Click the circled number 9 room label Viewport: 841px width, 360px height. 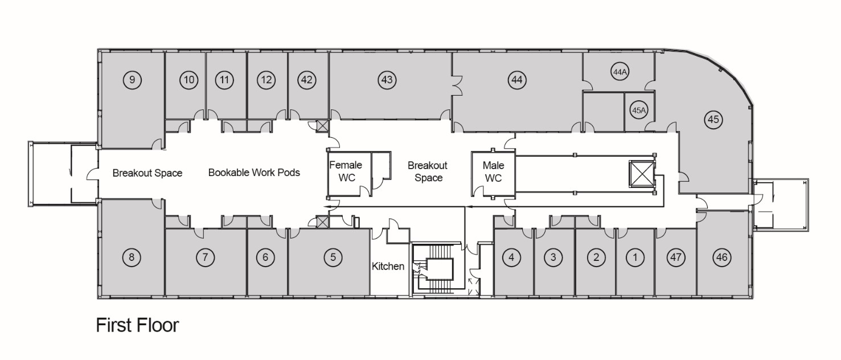point(132,80)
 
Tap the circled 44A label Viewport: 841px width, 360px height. point(620,71)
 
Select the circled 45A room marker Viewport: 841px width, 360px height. point(639,110)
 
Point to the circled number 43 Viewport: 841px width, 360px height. point(387,80)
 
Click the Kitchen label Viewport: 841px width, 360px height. point(388,266)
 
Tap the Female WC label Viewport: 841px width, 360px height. point(346,171)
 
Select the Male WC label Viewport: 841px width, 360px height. point(493,171)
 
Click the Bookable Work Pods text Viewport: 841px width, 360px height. point(254,173)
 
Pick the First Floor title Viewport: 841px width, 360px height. point(137,325)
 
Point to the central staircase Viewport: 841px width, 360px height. point(436,269)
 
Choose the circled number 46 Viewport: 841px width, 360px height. point(721,257)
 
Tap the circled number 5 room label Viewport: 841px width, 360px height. point(333,257)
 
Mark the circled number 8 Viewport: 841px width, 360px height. point(132,257)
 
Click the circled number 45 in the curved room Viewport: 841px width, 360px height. point(713,120)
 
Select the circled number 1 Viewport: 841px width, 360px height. point(635,257)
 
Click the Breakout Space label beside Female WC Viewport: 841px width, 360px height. point(428,171)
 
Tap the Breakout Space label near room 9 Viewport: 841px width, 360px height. point(147,173)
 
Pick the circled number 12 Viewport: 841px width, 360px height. point(266,80)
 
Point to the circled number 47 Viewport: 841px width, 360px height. point(676,257)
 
